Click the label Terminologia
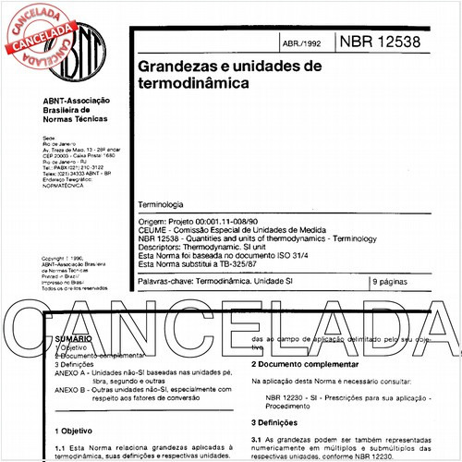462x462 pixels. [x=160, y=203]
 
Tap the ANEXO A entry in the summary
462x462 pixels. [x=75, y=373]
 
